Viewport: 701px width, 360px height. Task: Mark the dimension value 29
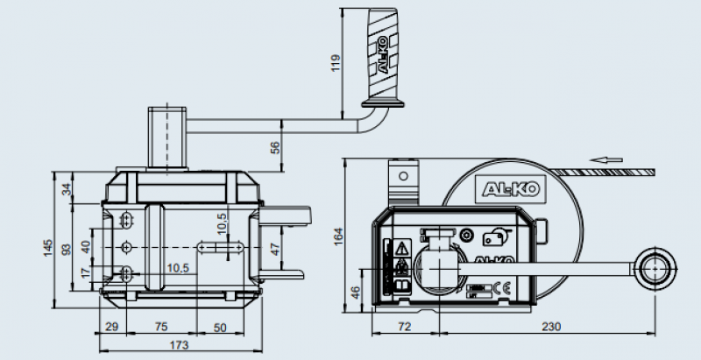111,327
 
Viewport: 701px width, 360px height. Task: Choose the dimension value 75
160,327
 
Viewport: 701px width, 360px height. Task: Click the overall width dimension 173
178,346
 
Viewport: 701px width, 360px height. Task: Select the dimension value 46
355,292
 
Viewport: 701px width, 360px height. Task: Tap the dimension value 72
404,327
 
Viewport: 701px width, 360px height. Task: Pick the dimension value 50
220,327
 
